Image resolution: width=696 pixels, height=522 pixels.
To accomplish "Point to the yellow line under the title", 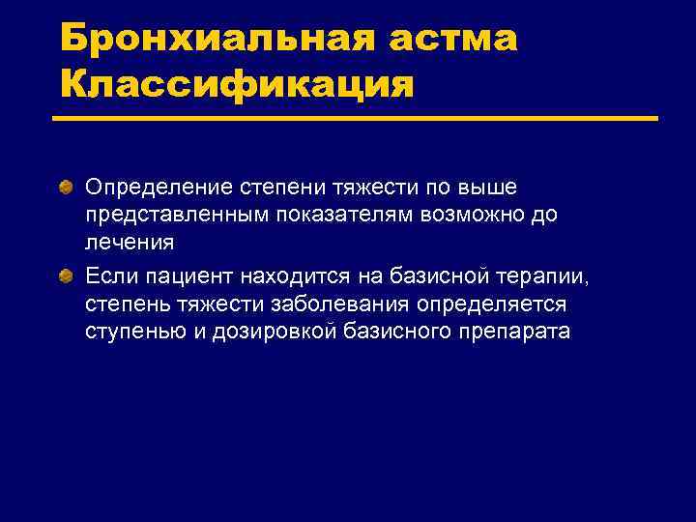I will (355, 119).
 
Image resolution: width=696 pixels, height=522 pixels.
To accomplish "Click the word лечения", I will (130, 243).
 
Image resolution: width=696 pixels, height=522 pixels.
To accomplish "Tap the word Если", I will (107, 278).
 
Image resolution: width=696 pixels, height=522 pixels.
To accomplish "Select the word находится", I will (289, 278).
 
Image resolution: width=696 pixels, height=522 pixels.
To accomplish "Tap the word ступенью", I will (131, 332).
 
